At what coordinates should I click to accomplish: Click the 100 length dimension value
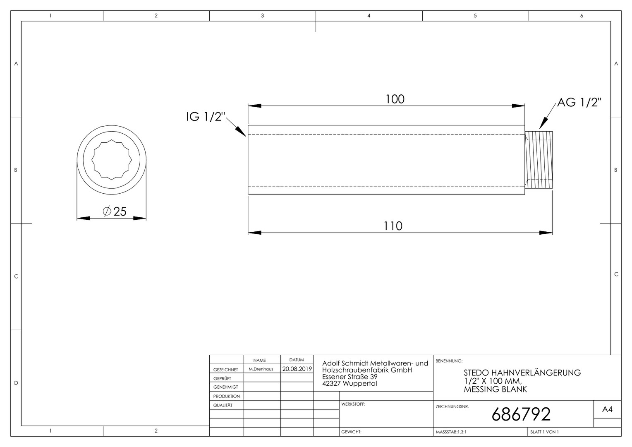coord(395,99)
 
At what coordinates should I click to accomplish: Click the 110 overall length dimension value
coord(393,226)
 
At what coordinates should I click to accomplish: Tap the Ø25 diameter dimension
coord(115,211)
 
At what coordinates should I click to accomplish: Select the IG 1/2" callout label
coord(206,117)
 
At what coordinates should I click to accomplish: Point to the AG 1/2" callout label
coord(579,103)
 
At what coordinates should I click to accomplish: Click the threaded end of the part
coord(539,160)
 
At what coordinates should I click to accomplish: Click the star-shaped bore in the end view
coord(112,159)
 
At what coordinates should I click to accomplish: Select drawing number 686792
coord(521,414)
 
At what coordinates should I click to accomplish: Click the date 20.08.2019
coord(297,369)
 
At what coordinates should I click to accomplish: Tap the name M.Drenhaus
coord(261,369)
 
